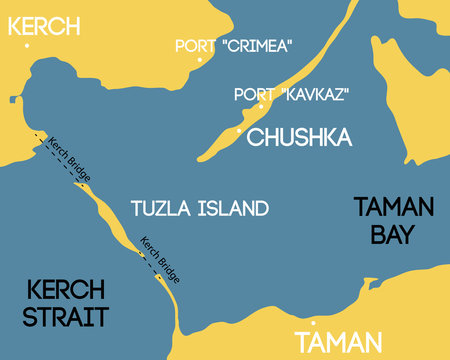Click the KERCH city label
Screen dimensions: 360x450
44,24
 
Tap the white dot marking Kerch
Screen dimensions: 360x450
27,45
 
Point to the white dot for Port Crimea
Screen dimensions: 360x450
200,60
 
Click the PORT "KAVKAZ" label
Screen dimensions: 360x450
283,94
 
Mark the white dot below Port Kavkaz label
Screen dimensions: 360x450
261,106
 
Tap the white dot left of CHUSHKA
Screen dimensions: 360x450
239,131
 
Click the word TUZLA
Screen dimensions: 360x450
161,208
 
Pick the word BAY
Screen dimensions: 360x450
393,236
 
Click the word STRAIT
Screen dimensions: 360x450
66,317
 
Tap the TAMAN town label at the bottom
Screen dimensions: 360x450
339,341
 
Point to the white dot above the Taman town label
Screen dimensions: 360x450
314,323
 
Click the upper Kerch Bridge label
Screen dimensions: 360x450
69,159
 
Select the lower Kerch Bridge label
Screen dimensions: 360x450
159,255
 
